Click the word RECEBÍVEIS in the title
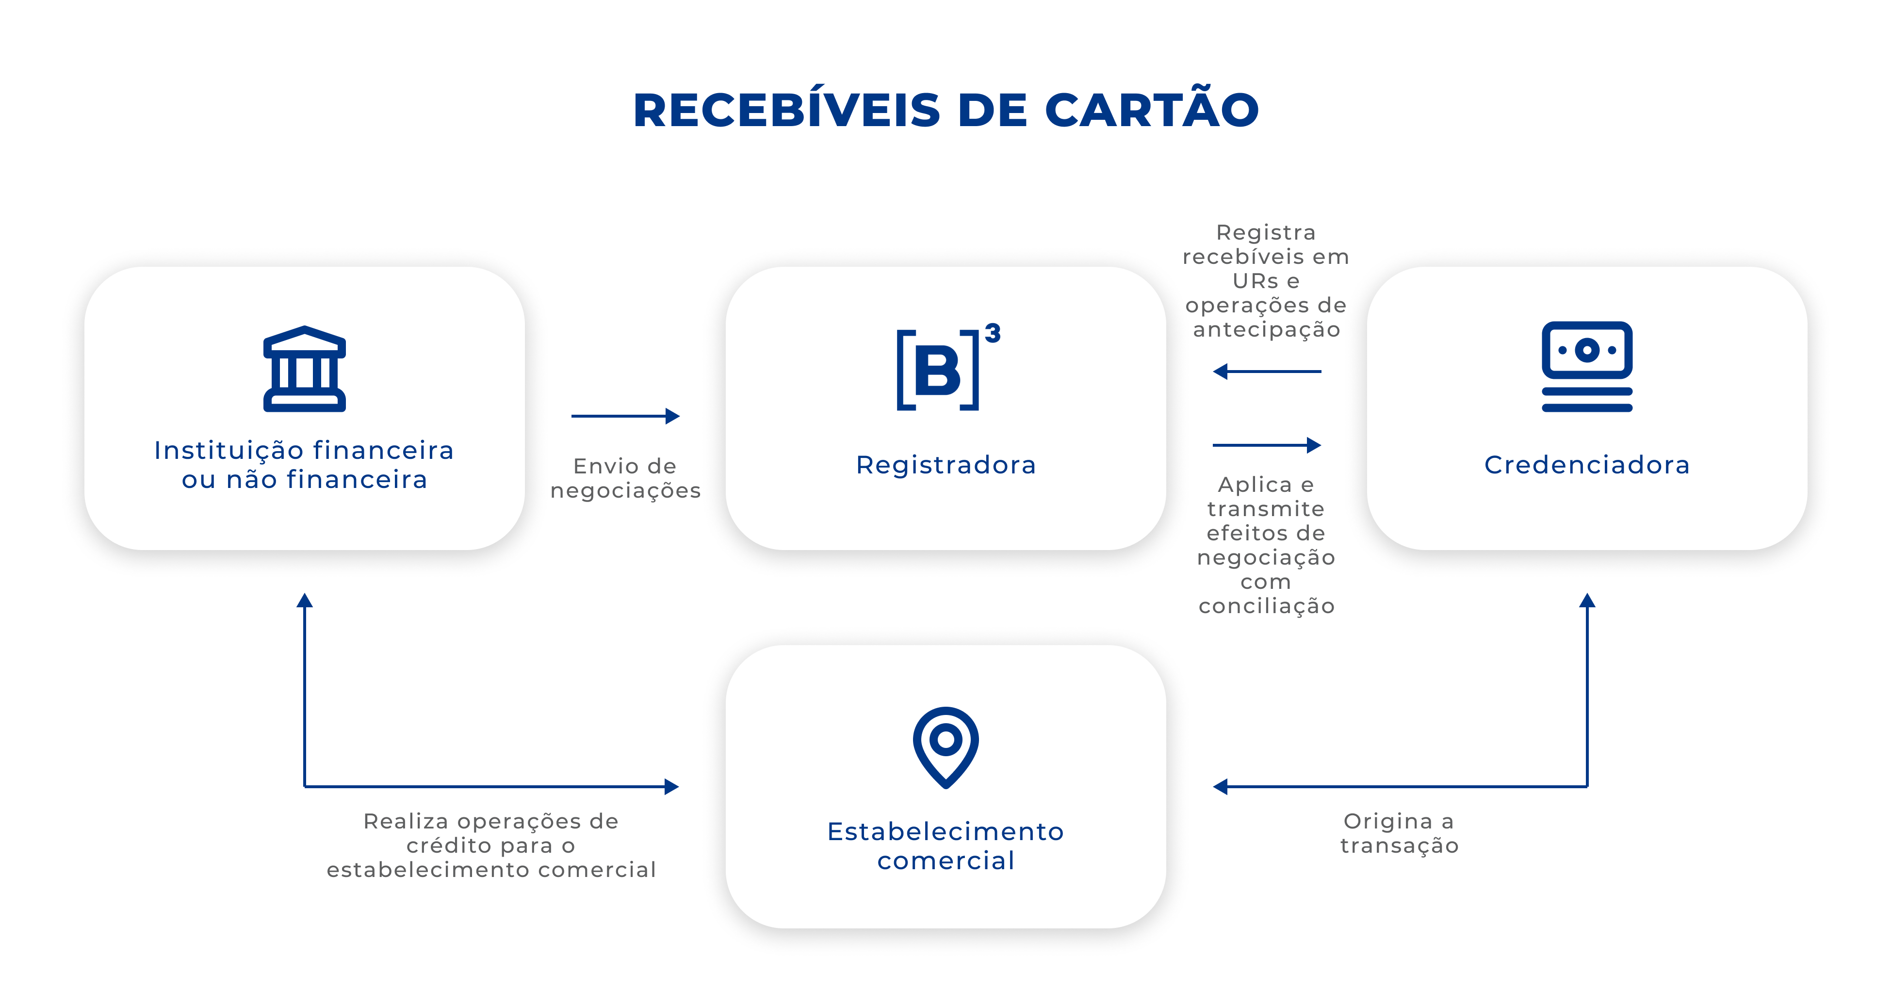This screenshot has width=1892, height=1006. pyautogui.click(x=786, y=112)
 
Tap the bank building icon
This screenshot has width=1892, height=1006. pyautogui.click(x=304, y=369)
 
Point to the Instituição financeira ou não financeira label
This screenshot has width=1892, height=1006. pyautogui.click(x=304, y=465)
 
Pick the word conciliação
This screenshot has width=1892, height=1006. pyautogui.click(x=1266, y=606)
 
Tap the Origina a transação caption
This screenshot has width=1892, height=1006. pyautogui.click(x=1399, y=833)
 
